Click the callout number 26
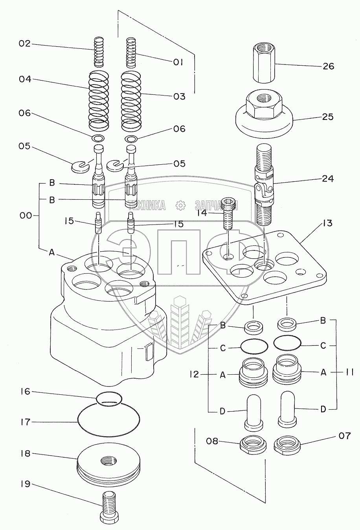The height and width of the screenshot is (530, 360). tap(328, 66)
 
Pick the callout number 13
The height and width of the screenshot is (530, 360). tap(327, 223)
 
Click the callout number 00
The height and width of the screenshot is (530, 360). tap(25, 216)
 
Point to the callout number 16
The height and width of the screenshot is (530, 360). tap(25, 392)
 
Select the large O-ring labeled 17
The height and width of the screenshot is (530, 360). tap(108, 422)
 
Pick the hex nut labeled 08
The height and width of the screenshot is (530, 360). tap(253, 444)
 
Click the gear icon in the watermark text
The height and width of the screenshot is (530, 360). tap(180, 205)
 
